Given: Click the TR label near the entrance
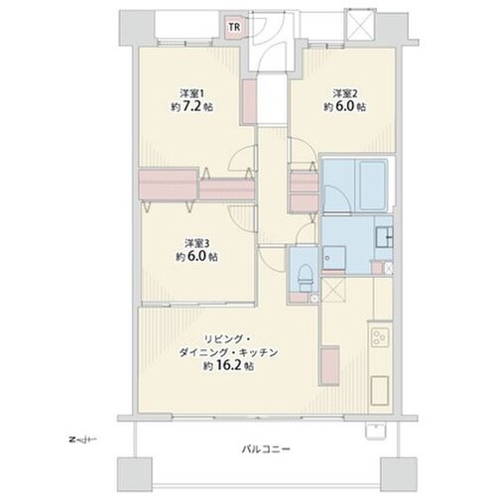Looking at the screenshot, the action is point(234,27).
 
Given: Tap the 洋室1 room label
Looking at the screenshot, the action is point(191,93).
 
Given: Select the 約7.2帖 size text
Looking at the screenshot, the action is point(191,107).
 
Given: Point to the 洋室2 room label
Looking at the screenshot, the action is point(345,93).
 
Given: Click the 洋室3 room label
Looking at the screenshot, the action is point(196,244).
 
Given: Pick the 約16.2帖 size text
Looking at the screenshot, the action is point(228,366).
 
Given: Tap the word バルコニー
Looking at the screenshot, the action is point(266,449).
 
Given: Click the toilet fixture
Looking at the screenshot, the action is point(305,276).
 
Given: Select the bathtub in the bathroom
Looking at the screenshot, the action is point(371,186).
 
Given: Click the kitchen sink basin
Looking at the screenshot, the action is point(380,390).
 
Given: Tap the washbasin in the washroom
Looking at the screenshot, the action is point(384,236).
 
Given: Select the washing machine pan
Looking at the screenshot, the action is point(334,258).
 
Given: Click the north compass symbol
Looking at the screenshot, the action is point(82,440).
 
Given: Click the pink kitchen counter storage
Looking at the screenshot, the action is point(329,366).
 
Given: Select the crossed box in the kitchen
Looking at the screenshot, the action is point(333,290).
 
